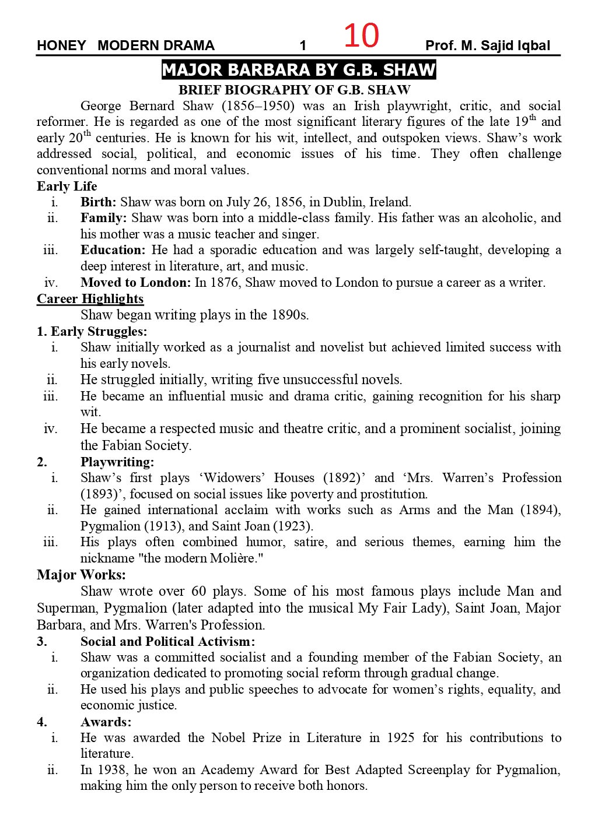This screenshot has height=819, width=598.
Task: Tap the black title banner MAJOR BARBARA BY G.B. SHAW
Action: [x=299, y=71]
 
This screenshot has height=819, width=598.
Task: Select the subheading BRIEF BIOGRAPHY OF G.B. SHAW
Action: [x=294, y=90]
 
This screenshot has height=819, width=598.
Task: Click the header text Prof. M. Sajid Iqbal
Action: [x=488, y=45]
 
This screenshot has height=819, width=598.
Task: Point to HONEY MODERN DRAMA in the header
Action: [x=125, y=45]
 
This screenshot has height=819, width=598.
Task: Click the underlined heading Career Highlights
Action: [x=90, y=299]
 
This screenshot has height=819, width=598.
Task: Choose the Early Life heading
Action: [x=67, y=187]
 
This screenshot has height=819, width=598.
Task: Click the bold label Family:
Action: [x=104, y=218]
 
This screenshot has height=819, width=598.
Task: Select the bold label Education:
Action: [x=113, y=250]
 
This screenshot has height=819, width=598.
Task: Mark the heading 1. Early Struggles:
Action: [x=92, y=332]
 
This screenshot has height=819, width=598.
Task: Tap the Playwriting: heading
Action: [x=117, y=462]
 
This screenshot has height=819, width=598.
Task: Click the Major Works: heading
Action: [x=81, y=575]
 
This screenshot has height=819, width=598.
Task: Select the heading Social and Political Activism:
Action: [x=168, y=641]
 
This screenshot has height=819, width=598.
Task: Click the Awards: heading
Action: [x=106, y=722]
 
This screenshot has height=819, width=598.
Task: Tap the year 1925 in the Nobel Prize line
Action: [x=400, y=737]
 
